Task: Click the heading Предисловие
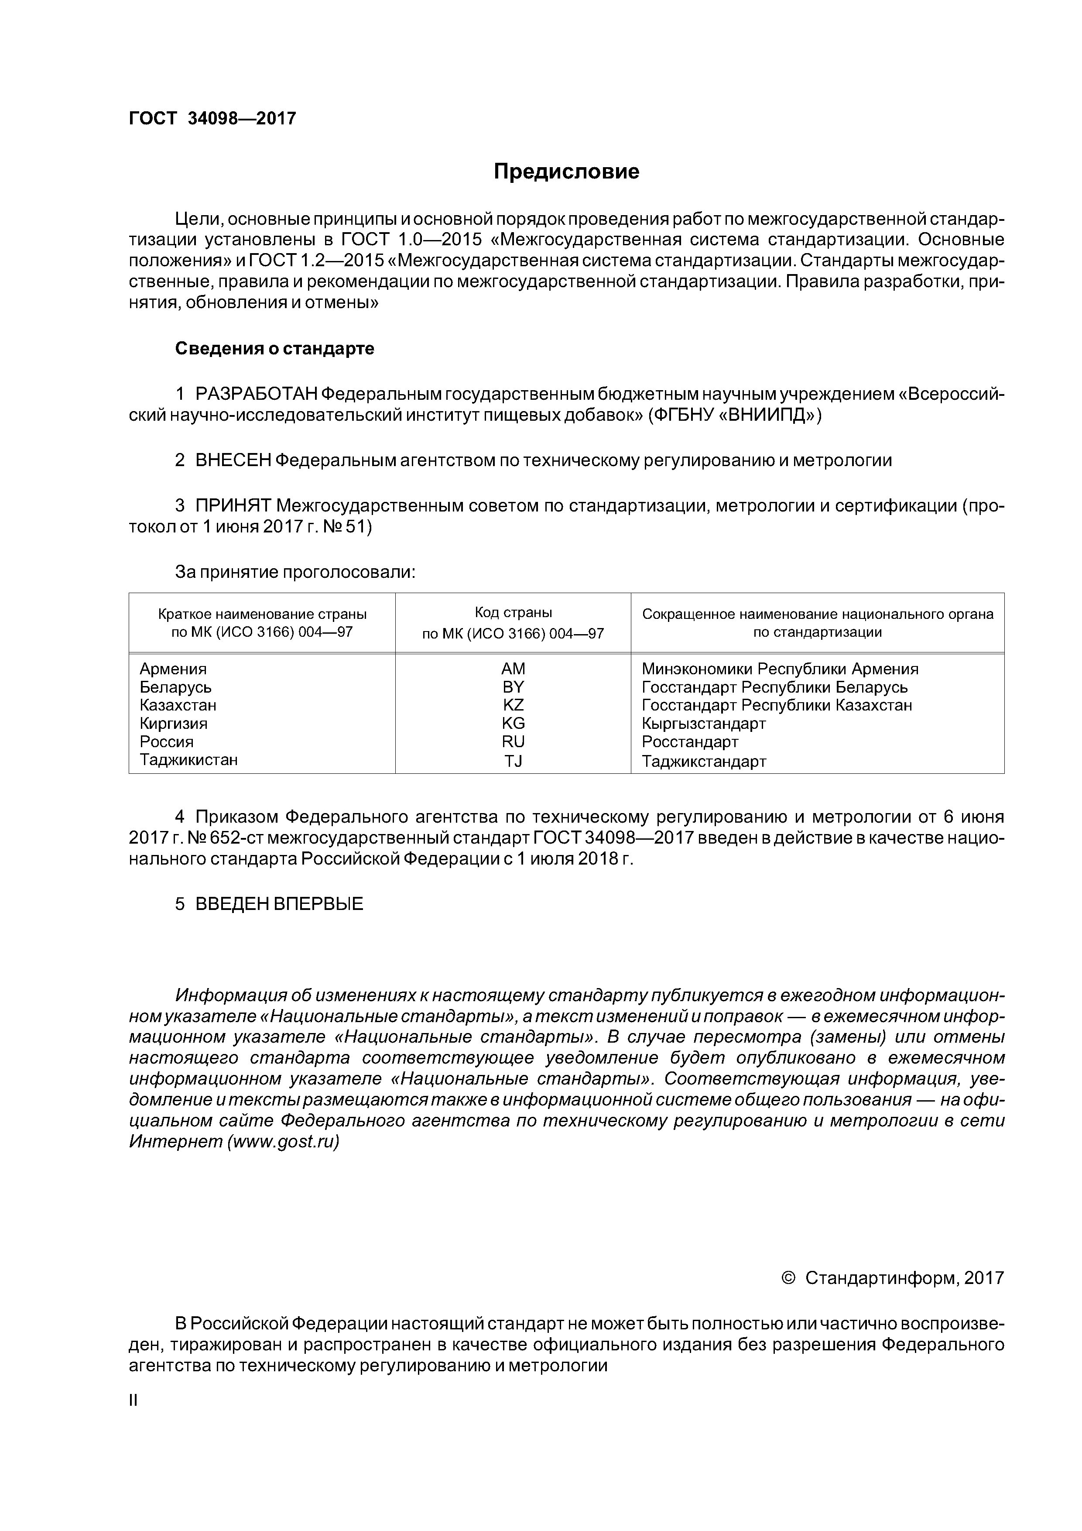(566, 172)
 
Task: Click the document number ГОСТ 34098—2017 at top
(212, 119)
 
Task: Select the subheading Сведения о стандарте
(275, 349)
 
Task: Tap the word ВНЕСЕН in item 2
(234, 460)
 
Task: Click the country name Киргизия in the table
(173, 724)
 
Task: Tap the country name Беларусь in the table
(175, 687)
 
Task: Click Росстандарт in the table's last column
(690, 741)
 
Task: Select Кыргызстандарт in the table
(703, 724)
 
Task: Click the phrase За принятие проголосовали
(294, 572)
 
